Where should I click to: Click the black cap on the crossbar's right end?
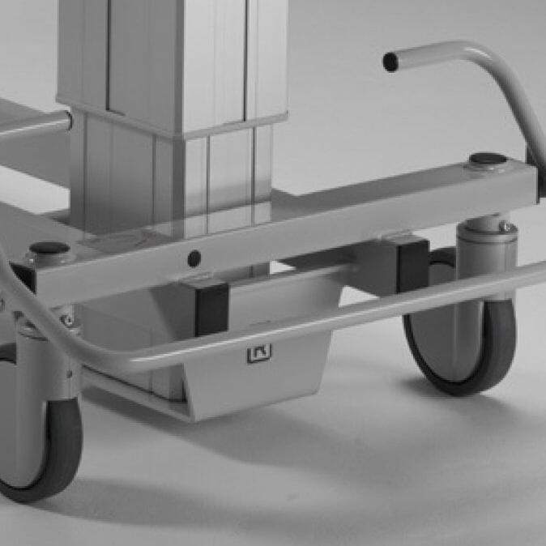[x=487, y=160]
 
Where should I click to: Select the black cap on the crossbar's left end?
[x=49, y=248]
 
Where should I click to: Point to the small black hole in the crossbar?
[x=194, y=258]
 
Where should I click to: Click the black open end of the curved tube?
[x=390, y=62]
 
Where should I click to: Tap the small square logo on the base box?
[x=259, y=352]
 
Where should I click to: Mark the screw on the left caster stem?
[x=68, y=322]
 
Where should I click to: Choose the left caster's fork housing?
[x=41, y=365]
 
